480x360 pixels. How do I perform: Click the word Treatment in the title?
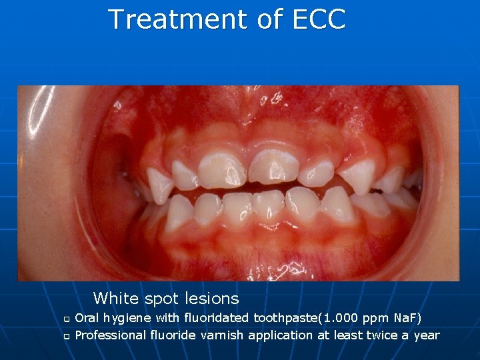pyautogui.click(x=178, y=19)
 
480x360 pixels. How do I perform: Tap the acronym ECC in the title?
pyautogui.click(x=319, y=19)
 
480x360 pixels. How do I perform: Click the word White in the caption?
pyautogui.click(x=114, y=298)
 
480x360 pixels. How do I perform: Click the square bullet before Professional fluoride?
pyautogui.click(x=66, y=335)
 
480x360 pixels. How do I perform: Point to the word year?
pyautogui.click(x=427, y=335)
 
